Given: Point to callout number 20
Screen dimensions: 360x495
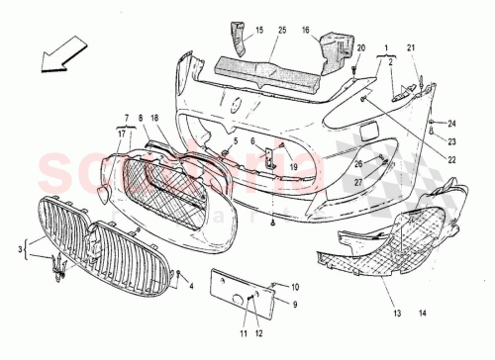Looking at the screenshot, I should pyautogui.click(x=360, y=47).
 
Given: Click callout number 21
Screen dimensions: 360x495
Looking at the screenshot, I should pyautogui.click(x=411, y=47).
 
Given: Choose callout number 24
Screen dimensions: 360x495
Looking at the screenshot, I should pyautogui.click(x=450, y=124).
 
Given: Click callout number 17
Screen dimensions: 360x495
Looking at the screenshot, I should pyautogui.click(x=122, y=132).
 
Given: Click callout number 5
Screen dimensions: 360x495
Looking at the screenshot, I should pyautogui.click(x=236, y=142).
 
